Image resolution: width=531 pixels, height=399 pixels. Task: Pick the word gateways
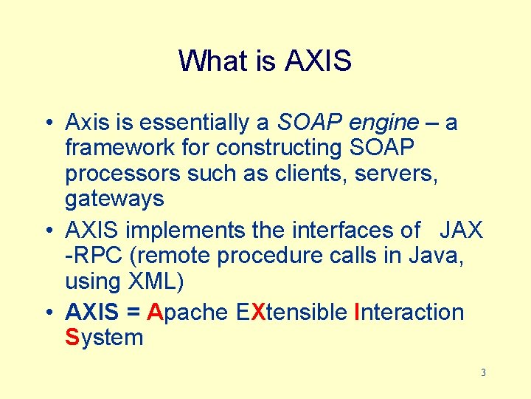click(114, 199)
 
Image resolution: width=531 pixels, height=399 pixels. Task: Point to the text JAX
click(461, 230)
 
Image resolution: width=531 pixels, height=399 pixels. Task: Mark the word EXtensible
click(292, 312)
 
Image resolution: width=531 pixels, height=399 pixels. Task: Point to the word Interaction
click(409, 312)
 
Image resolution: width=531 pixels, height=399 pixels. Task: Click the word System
click(104, 338)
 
